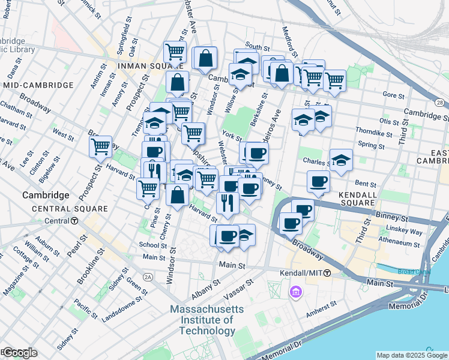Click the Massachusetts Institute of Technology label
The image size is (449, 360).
pos(207,320)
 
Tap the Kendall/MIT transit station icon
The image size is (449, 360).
pos(327,273)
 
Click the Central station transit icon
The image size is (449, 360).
pos(74,221)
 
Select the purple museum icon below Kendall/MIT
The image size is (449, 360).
pos(295,292)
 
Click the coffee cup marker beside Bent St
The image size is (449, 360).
pos(319,182)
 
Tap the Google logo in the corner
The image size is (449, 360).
pos(20,353)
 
